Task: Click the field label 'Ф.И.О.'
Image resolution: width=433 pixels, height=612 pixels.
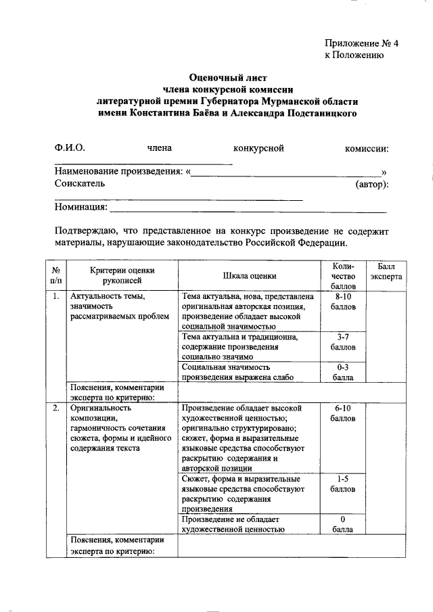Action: [70, 148]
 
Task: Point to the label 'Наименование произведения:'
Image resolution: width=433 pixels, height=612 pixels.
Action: [118, 172]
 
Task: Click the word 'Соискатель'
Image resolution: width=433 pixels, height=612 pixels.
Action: [80, 184]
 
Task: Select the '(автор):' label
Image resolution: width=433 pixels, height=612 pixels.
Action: [371, 184]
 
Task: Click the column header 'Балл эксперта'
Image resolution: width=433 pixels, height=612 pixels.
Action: [386, 272]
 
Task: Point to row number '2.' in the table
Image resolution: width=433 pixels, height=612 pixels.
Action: [55, 408]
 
